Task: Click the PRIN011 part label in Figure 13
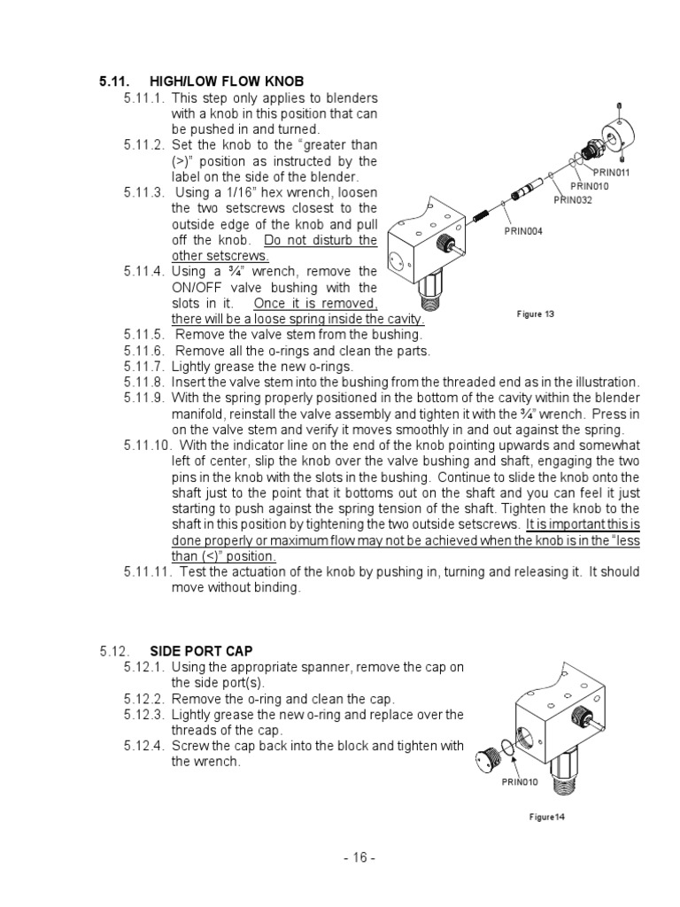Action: tap(612, 173)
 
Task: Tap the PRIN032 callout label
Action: tap(573, 200)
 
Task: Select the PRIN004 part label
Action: tap(523, 231)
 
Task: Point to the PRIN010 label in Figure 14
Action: tap(520, 781)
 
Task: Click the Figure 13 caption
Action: tap(535, 314)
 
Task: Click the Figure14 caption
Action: tap(546, 817)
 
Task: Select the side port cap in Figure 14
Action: tap(486, 760)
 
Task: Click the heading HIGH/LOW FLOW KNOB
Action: tap(227, 81)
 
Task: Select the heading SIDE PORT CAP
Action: tap(200, 651)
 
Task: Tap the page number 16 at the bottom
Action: tap(359, 857)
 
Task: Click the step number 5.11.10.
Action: tap(147, 445)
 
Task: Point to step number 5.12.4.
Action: tap(143, 746)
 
